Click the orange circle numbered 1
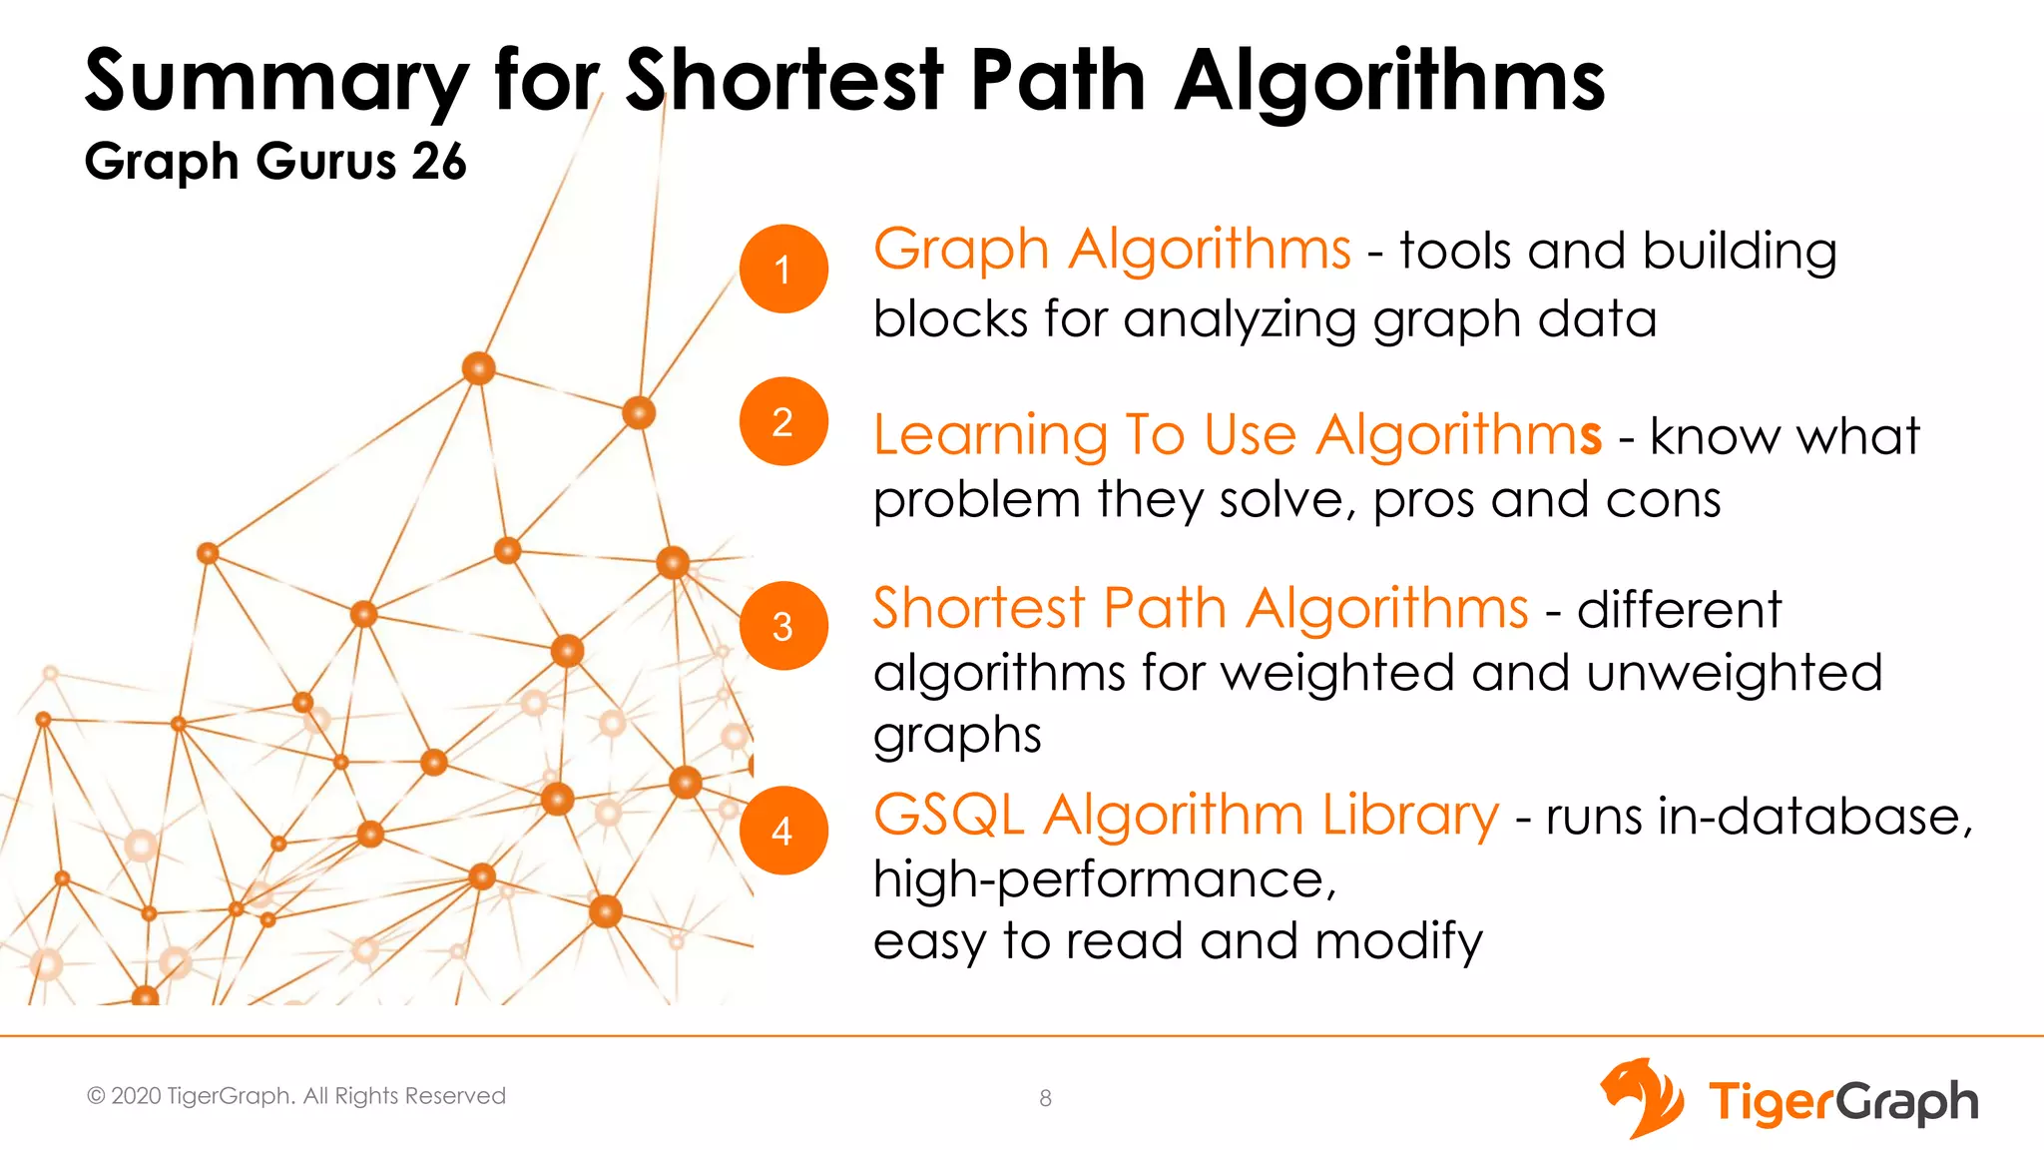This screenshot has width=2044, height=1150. point(783,269)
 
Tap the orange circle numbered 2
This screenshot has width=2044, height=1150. point(783,421)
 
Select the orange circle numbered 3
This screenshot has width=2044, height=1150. point(783,626)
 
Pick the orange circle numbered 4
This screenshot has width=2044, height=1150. point(783,831)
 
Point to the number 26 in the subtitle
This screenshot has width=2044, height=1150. point(438,162)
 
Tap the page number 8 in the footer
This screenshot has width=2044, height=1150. point(1045,1098)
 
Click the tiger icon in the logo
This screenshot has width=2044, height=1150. point(1642,1098)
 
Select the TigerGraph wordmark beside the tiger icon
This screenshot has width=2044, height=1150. point(1842,1102)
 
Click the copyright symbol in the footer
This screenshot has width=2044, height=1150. point(96,1096)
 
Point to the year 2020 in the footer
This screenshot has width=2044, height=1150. point(136,1096)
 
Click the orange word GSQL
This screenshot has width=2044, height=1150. point(948,815)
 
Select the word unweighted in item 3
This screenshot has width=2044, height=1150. point(1734,672)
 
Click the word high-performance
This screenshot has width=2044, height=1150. point(1104,880)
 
